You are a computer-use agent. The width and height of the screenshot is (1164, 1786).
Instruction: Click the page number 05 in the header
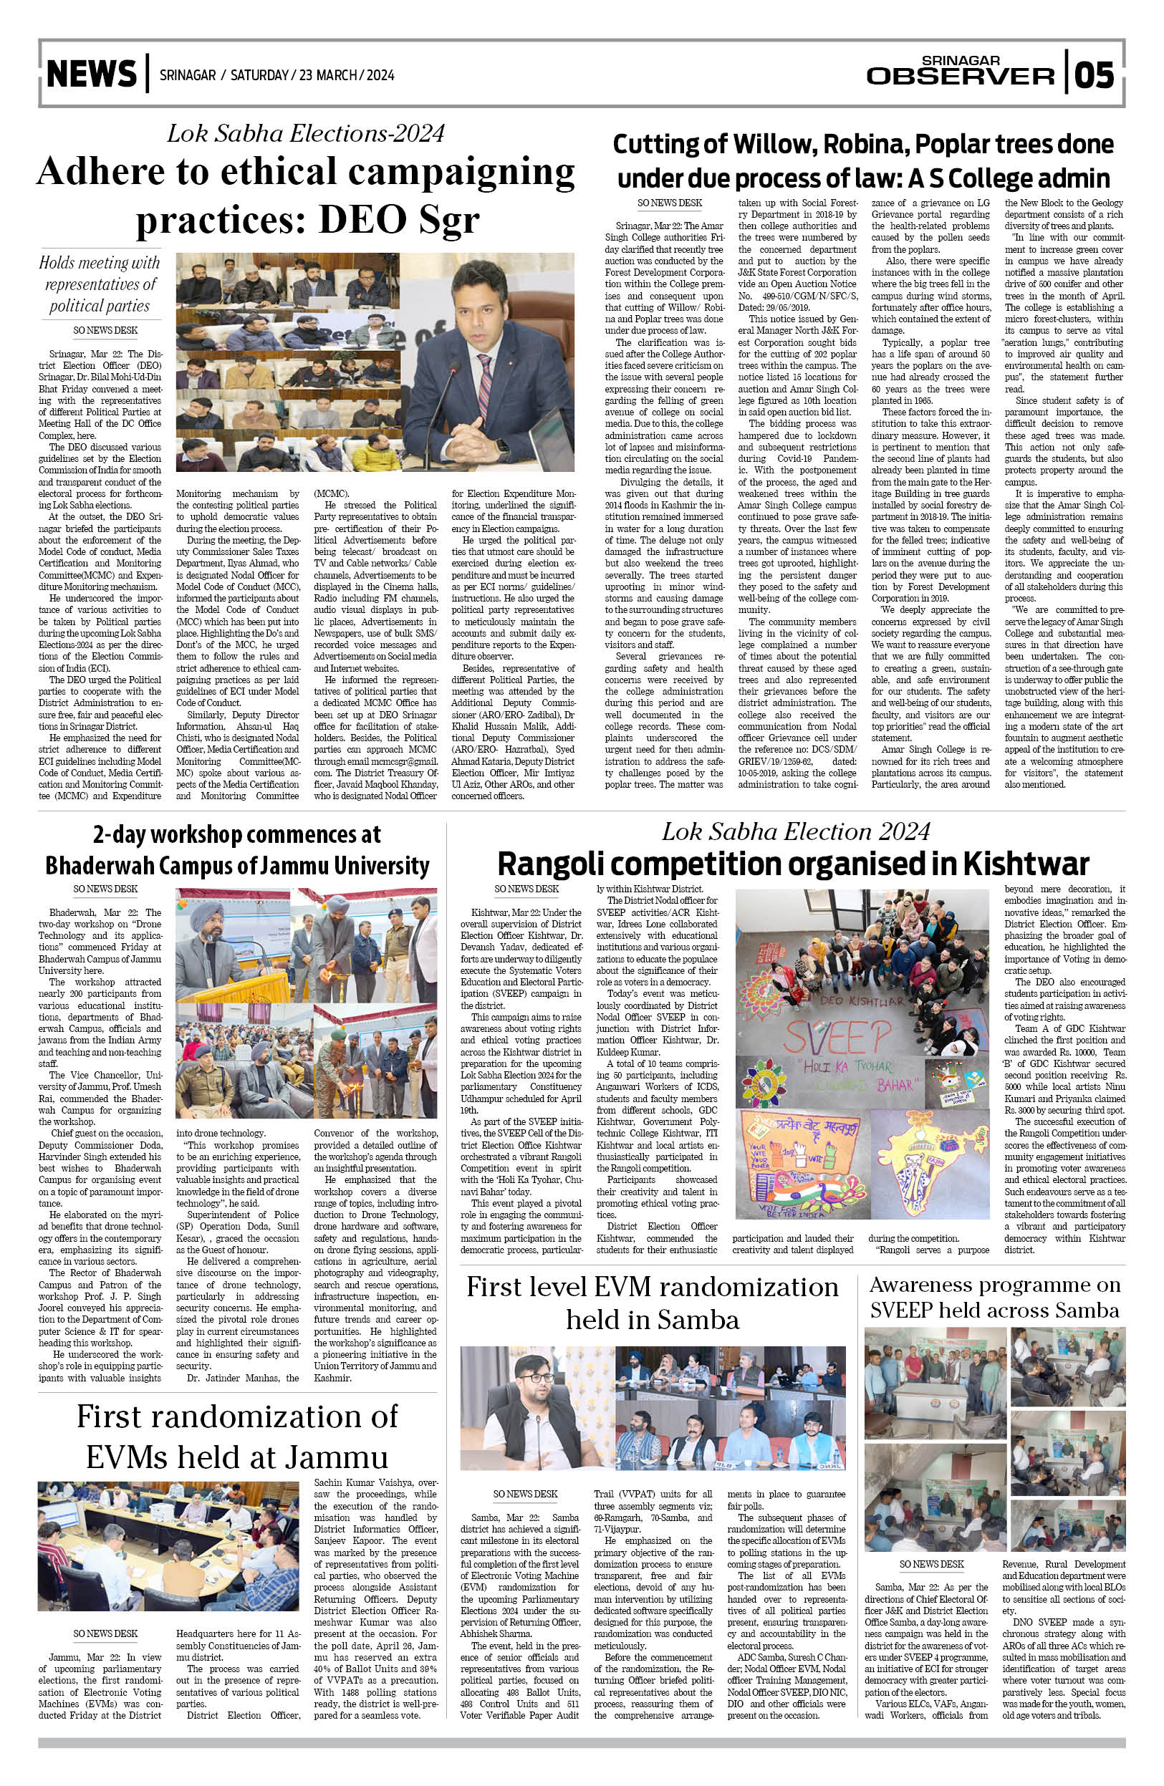point(1095,75)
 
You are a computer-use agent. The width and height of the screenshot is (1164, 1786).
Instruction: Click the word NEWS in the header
point(92,74)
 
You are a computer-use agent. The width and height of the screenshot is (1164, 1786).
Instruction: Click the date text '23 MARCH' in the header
point(327,75)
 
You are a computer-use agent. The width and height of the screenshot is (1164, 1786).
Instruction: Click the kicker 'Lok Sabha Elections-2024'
point(305,134)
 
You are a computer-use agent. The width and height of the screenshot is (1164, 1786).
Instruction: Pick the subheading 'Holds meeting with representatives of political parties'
point(100,284)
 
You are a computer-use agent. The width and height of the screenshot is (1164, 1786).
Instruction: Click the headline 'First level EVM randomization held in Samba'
point(651,1303)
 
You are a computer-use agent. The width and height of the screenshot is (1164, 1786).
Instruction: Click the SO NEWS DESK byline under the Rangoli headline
point(526,889)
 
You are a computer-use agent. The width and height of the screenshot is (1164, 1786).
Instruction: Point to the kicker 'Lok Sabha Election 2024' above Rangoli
point(796,831)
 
